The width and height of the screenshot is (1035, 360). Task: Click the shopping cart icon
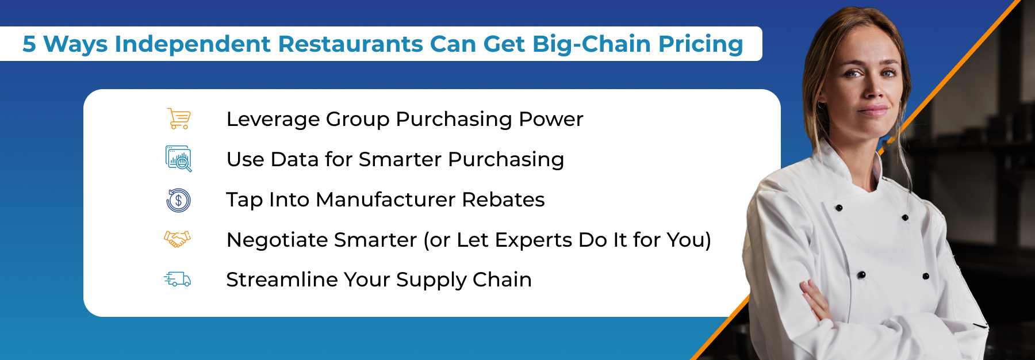coord(179,118)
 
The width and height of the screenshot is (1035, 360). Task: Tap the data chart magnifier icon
coord(178,159)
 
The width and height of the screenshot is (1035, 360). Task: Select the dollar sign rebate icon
coord(178,200)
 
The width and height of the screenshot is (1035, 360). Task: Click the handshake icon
coord(177,239)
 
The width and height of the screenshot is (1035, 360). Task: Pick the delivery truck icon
coord(177,279)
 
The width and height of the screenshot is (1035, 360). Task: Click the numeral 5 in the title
coord(29,44)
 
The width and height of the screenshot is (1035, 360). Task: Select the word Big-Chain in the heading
coord(591,44)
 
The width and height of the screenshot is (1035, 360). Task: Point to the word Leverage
coord(273,120)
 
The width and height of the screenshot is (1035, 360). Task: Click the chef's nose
coord(872,89)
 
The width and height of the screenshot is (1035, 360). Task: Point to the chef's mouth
coord(873,110)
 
